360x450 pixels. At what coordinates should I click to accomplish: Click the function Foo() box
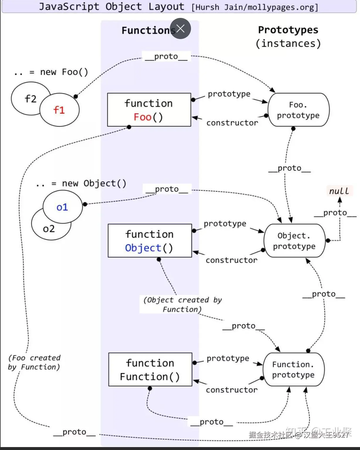[149, 110]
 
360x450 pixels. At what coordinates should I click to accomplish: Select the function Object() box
[150, 241]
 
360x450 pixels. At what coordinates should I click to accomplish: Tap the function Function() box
[150, 370]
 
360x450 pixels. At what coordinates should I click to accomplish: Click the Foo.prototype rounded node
[298, 110]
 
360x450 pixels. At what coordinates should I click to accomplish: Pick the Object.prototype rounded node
[294, 241]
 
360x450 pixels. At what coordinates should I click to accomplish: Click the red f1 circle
[59, 110]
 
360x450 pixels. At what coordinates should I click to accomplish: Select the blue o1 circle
[62, 207]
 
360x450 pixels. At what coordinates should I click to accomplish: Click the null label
[339, 191]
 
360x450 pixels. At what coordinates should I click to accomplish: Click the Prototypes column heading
[288, 30]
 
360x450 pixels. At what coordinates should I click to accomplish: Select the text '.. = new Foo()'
[51, 72]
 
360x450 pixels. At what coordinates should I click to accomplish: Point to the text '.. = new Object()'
[81, 184]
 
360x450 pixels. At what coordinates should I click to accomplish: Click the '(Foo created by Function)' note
[34, 363]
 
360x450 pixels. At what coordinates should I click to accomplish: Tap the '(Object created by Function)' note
[182, 304]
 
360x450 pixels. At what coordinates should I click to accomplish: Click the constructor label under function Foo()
[232, 123]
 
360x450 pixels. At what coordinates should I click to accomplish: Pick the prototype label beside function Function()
[228, 358]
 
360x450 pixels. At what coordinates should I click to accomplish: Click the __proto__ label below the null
[335, 213]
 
